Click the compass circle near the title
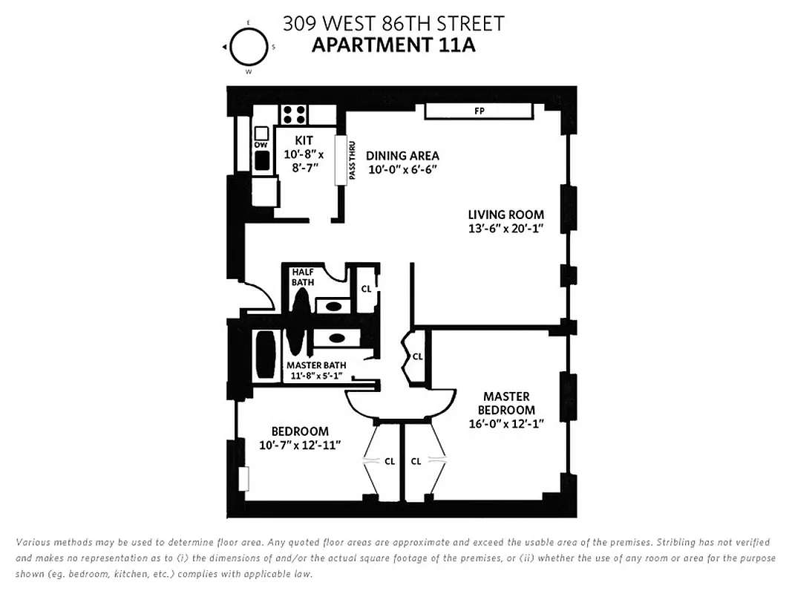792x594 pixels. tap(247, 47)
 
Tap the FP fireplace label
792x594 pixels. tap(479, 111)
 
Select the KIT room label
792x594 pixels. tap(304, 140)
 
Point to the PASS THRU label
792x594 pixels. tap(352, 163)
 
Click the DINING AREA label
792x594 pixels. tap(402, 156)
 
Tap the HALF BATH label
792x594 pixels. tap(303, 277)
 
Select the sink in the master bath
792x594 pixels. tap(336, 337)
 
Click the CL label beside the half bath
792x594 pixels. tap(366, 288)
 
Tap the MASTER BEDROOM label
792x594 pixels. tap(506, 403)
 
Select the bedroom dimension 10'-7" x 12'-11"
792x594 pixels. tap(299, 446)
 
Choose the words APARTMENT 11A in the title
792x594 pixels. tap(393, 45)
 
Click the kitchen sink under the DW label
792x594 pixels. tap(261, 159)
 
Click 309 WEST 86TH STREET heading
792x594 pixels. tap(393, 23)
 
